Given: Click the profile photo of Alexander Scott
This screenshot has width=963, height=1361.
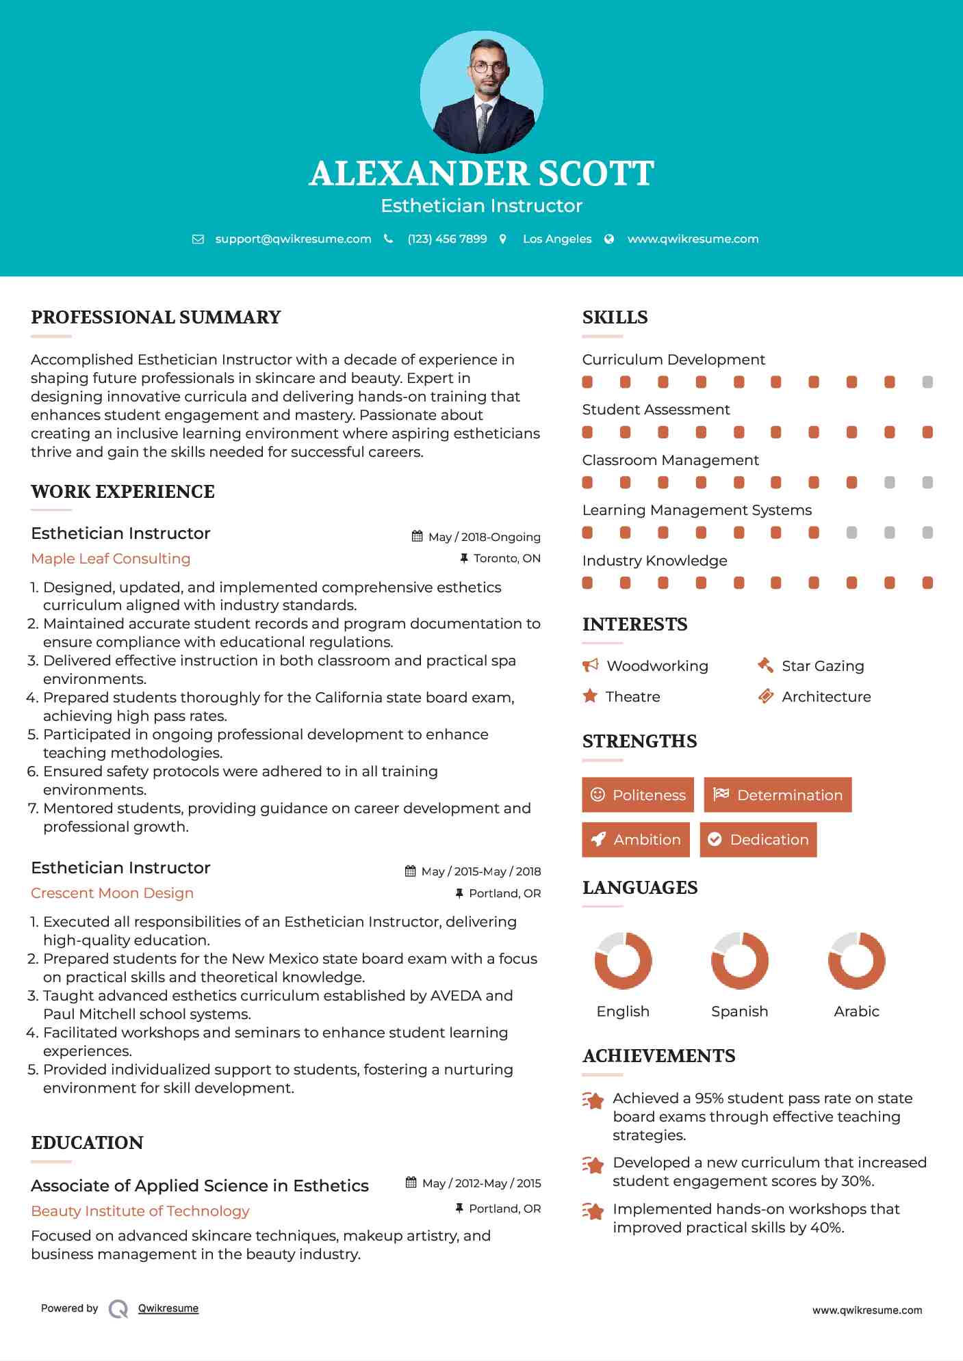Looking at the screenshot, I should [x=481, y=92].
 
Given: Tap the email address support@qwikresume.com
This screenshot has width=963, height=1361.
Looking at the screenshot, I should [x=293, y=239].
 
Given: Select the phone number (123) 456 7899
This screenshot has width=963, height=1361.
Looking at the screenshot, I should [x=447, y=239].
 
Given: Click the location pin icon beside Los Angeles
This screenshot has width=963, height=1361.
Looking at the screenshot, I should [x=503, y=239].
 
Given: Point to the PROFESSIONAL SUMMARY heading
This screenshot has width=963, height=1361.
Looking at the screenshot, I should [x=156, y=317].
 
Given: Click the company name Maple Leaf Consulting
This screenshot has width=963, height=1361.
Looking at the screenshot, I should [x=111, y=559].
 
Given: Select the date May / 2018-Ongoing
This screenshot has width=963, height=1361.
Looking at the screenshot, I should [x=484, y=537].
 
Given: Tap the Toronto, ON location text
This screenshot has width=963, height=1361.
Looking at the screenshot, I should [x=506, y=558].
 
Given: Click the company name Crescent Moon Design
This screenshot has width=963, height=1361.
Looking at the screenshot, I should [x=112, y=893].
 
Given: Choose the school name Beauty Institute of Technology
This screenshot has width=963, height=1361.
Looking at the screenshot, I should [x=140, y=1211].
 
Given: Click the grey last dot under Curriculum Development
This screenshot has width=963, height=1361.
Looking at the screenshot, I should [x=927, y=382].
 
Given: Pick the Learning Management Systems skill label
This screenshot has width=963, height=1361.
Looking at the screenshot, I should [x=697, y=510].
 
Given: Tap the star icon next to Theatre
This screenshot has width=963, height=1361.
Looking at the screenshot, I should [x=590, y=696].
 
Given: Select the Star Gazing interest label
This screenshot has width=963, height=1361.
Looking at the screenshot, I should [x=823, y=666].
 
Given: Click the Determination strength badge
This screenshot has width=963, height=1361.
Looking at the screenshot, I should [x=778, y=795].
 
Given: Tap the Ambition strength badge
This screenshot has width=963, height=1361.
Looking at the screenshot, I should [x=636, y=840].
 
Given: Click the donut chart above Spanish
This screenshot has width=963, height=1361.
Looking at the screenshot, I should [x=740, y=960].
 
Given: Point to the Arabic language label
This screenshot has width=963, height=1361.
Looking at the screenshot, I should [x=856, y=1012].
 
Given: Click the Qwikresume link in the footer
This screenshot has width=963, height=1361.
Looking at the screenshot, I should [x=168, y=1308].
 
